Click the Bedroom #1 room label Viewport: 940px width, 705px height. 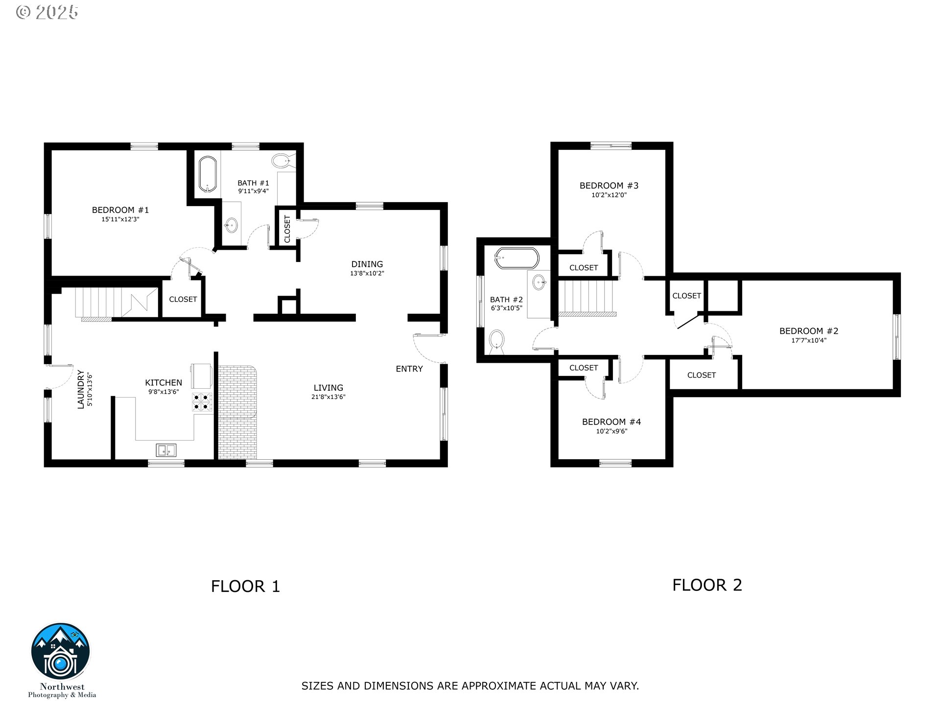coord(120,210)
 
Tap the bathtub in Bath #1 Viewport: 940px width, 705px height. coord(208,174)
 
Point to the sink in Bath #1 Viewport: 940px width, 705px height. coord(231,225)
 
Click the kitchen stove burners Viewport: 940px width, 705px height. coord(202,401)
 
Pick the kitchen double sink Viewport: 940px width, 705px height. coord(166,450)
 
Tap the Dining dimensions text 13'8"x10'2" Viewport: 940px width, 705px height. coord(367,274)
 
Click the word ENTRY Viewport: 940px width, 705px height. coord(409,369)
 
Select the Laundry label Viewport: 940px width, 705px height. coord(81,390)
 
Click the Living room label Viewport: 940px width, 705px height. coord(329,388)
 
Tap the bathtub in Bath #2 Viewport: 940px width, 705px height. coord(517,258)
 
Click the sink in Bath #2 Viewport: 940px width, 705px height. coord(540,282)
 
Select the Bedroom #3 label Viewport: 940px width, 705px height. coord(609,186)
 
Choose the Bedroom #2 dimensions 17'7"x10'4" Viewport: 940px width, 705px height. coord(809,340)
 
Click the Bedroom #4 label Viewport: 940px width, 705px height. coord(611,422)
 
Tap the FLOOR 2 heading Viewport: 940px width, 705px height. coord(707,585)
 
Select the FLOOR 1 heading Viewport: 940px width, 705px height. coord(245,587)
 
